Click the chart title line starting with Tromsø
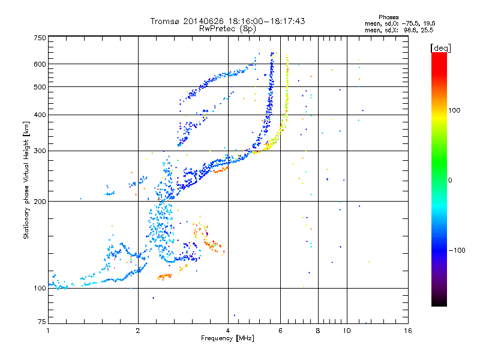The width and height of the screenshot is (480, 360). pyautogui.click(x=227, y=21)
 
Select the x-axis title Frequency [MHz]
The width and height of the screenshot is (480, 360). pyautogui.click(x=227, y=339)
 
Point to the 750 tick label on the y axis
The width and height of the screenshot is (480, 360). pyautogui.click(x=40, y=38)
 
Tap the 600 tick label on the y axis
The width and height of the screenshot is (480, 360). pyautogui.click(x=40, y=64)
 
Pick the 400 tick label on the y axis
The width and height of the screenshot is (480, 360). pyautogui.click(x=40, y=115)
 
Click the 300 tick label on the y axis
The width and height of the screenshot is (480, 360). pyautogui.click(x=40, y=151)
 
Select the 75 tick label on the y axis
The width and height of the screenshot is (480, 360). pyautogui.click(x=41, y=323)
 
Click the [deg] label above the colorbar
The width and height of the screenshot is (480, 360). pyautogui.click(x=441, y=47)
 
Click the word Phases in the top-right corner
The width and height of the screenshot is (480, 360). pyautogui.click(x=389, y=17)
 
